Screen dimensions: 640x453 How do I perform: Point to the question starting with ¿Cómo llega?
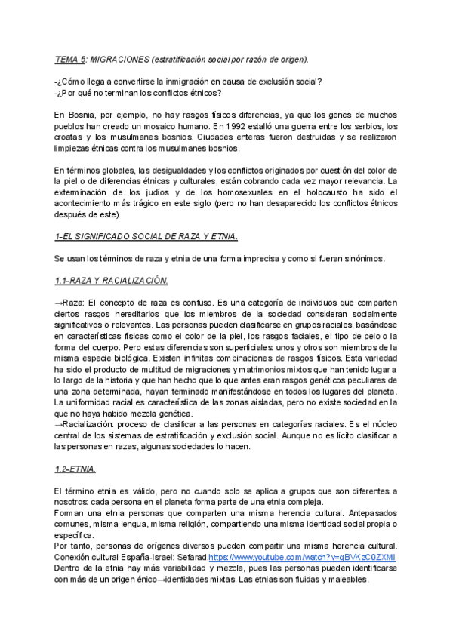tap(189, 82)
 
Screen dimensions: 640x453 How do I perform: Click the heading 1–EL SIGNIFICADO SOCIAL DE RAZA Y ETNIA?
tap(146, 236)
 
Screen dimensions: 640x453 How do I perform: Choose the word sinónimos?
tap(363, 259)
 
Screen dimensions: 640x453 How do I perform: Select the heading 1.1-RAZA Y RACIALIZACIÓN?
tap(111, 281)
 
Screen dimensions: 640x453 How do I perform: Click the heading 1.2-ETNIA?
tap(75, 469)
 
